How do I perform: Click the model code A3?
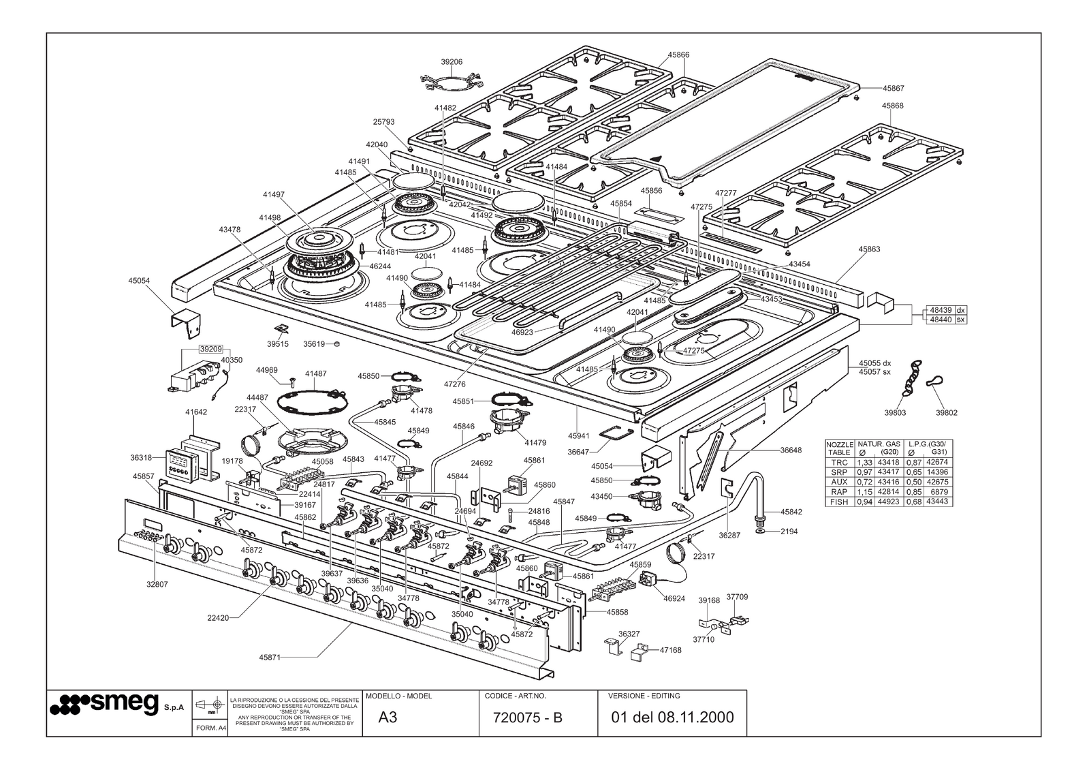(388, 718)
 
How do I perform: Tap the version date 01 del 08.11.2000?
(672, 718)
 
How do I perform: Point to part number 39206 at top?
(452, 61)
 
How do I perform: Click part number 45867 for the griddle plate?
(893, 88)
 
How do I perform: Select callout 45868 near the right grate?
(892, 106)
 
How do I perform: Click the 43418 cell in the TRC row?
(888, 463)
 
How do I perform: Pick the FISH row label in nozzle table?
(839, 502)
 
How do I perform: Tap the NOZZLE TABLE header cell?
(839, 448)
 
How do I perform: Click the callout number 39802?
(946, 412)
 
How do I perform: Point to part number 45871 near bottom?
(270, 658)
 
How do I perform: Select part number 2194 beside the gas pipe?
(789, 531)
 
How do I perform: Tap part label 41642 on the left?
(195, 412)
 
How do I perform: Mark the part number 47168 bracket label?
(670, 650)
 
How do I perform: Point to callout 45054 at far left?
(139, 280)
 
